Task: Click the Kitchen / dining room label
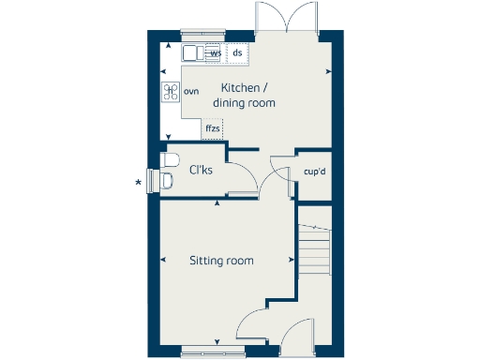pos(244,96)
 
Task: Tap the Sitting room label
pos(221,261)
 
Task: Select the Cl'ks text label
pos(201,170)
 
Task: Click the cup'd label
pos(314,172)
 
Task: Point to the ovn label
pos(191,91)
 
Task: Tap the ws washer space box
pos(216,53)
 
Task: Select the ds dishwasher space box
pos(238,53)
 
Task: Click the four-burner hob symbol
pos(171,91)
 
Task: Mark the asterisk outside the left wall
pos(140,181)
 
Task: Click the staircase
pos(315,246)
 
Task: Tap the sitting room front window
pos(213,352)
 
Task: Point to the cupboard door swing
pos(278,169)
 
